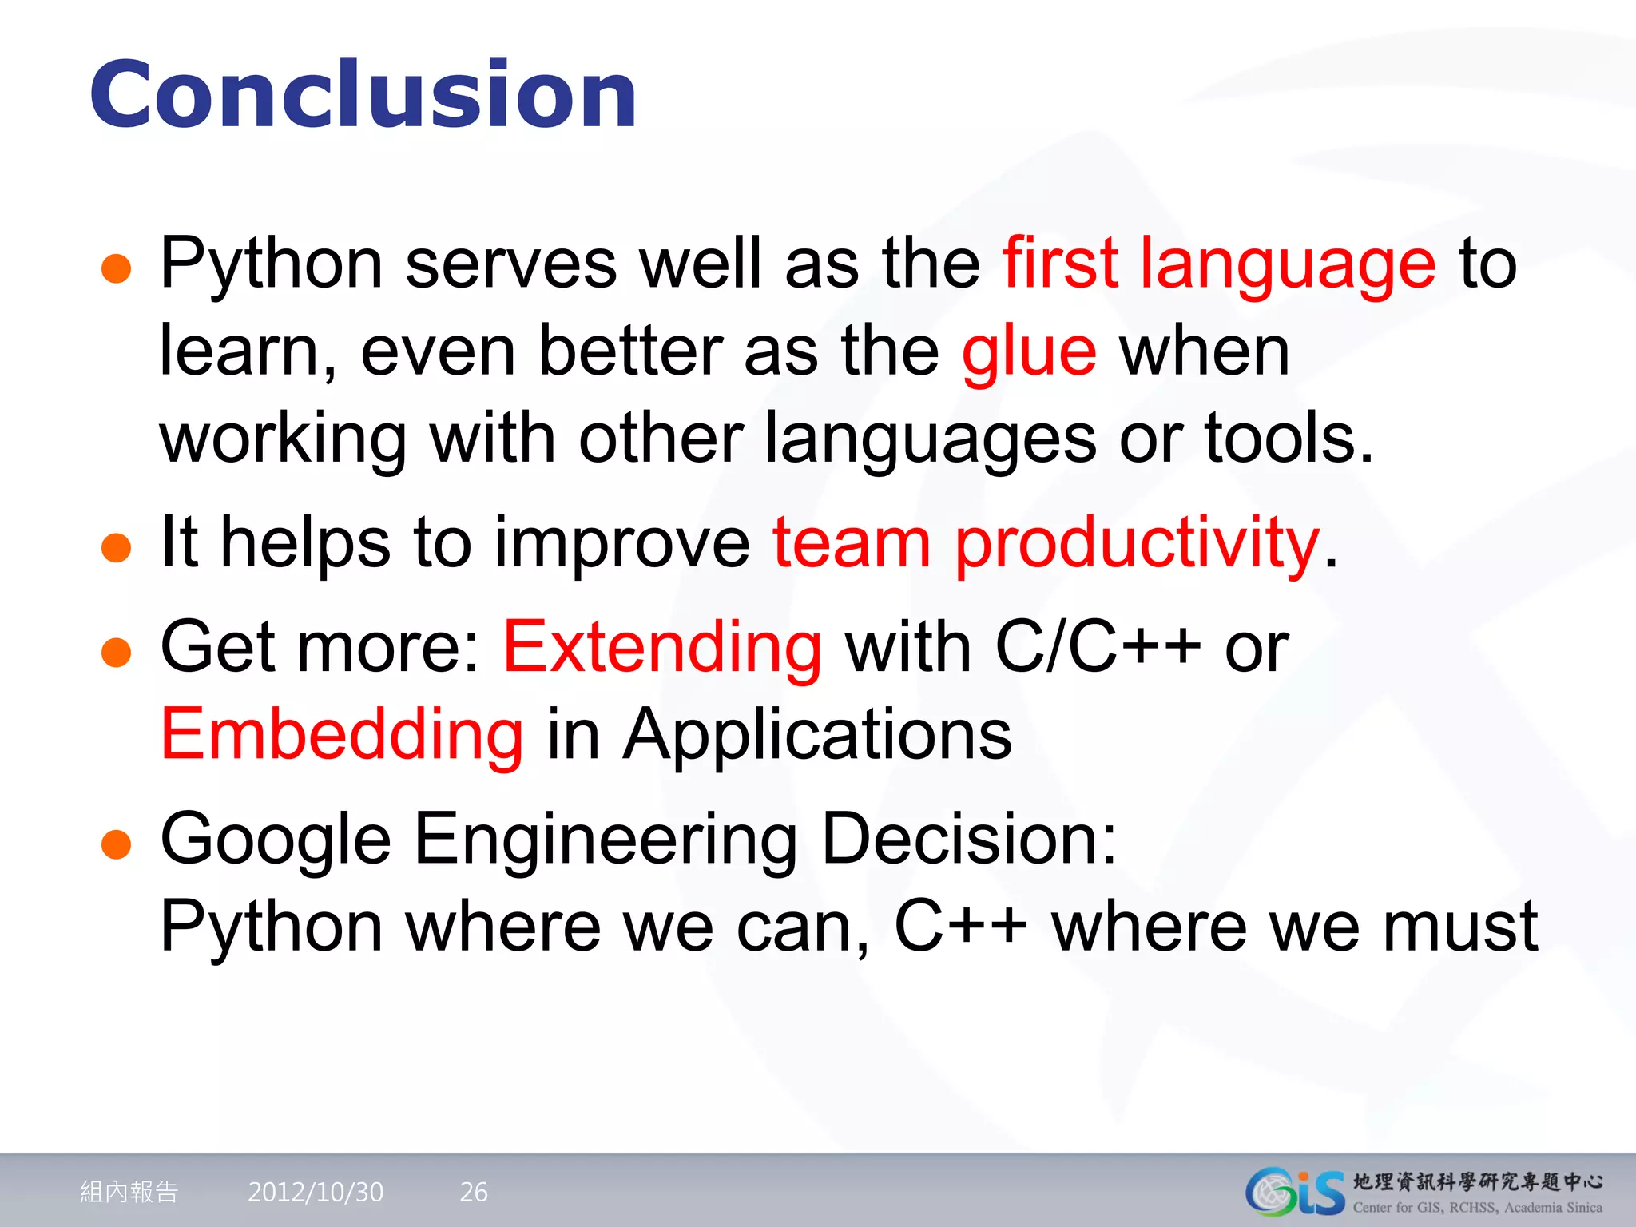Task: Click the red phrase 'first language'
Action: [x=1219, y=264]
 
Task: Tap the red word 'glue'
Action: [x=1029, y=351]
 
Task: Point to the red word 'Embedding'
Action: [x=342, y=735]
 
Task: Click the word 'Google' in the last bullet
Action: [x=276, y=839]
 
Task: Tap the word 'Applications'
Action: [x=817, y=735]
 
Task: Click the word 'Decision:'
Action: [x=969, y=839]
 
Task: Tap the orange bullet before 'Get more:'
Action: [x=117, y=652]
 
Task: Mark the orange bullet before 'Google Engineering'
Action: [x=117, y=844]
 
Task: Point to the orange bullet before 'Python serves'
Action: [x=117, y=269]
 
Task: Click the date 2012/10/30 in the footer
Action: [x=316, y=1193]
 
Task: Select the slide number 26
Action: [x=474, y=1193]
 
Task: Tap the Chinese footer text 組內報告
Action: [x=129, y=1193]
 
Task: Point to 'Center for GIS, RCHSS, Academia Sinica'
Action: [x=1477, y=1208]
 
